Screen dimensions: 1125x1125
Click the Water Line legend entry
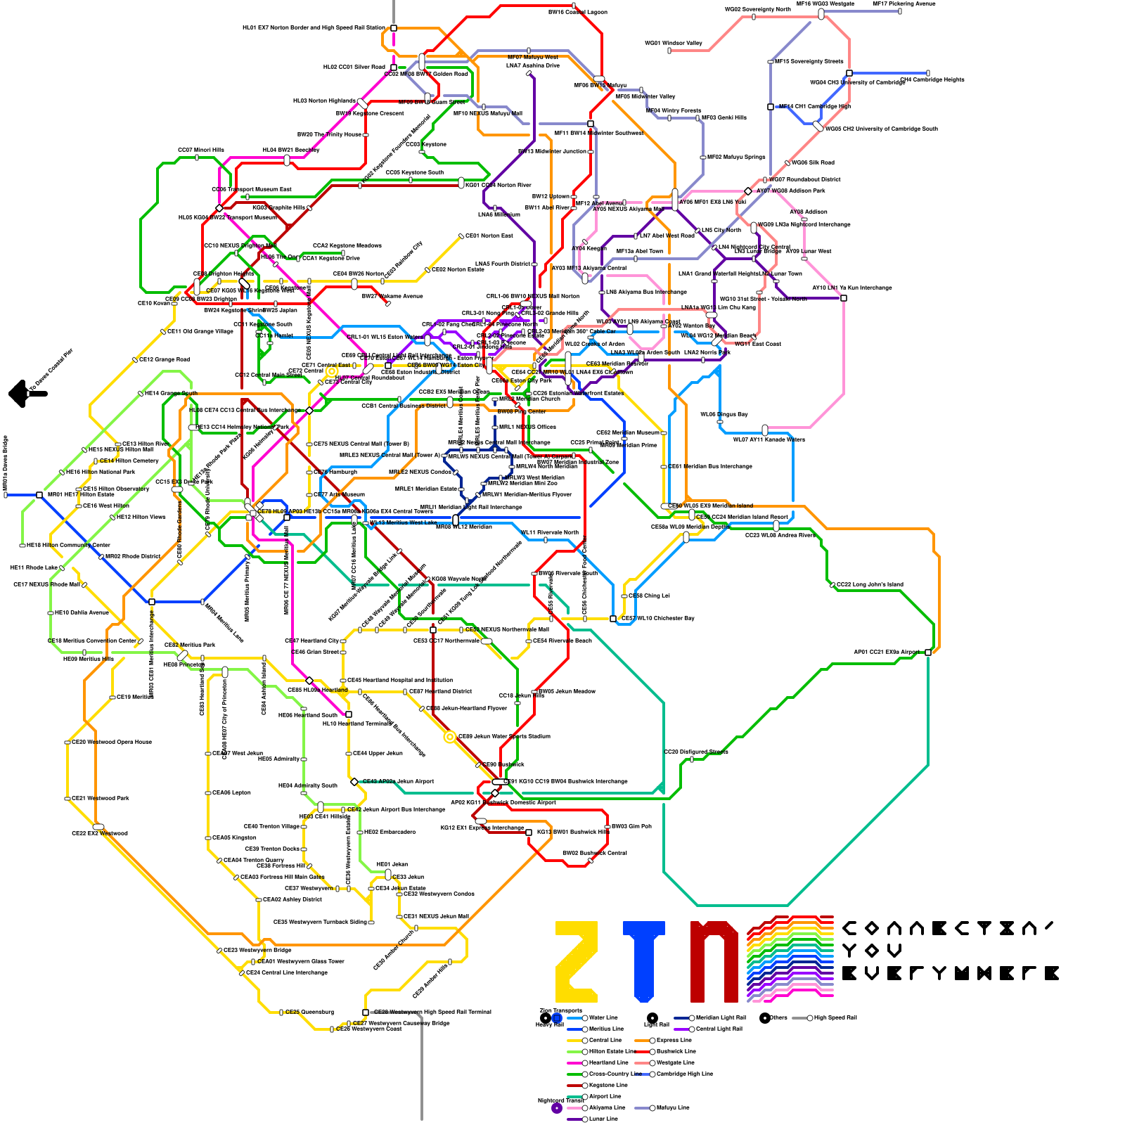coord(603,1017)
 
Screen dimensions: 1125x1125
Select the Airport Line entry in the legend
coord(605,1096)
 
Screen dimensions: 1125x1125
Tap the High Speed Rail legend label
coord(835,1017)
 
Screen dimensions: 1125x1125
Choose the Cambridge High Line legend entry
coord(686,1074)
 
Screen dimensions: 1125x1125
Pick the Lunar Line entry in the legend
coord(603,1119)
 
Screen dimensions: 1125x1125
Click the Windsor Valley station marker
coord(669,51)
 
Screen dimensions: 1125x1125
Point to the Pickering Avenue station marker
coord(899,11)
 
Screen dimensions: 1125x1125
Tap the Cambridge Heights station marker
coord(928,73)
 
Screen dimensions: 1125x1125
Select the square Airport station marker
coord(928,652)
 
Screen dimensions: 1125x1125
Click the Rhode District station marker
coord(101,557)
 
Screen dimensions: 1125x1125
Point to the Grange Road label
coord(165,359)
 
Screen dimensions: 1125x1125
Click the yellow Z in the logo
coord(577,961)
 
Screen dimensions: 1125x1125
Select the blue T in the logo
coord(644,961)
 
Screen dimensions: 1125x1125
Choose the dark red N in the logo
coord(714,961)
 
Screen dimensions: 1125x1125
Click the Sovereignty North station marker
coord(754,17)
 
